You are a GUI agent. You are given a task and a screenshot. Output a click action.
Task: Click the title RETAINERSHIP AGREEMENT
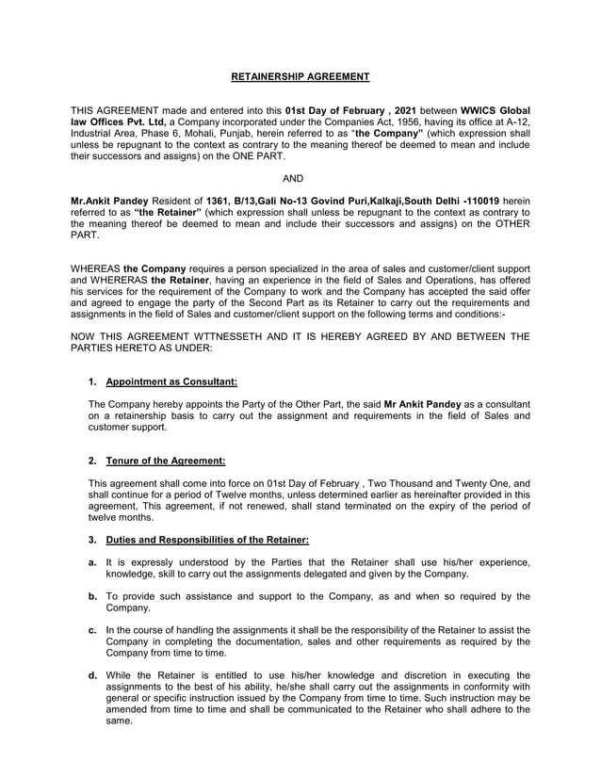(x=300, y=76)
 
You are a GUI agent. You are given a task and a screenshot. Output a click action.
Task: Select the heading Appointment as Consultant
(x=171, y=381)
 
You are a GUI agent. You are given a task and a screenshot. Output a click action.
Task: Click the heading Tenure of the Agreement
(x=166, y=461)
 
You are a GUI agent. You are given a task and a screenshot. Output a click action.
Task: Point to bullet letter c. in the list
(x=92, y=629)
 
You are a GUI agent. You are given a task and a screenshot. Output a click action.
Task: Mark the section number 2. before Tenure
(x=92, y=461)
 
